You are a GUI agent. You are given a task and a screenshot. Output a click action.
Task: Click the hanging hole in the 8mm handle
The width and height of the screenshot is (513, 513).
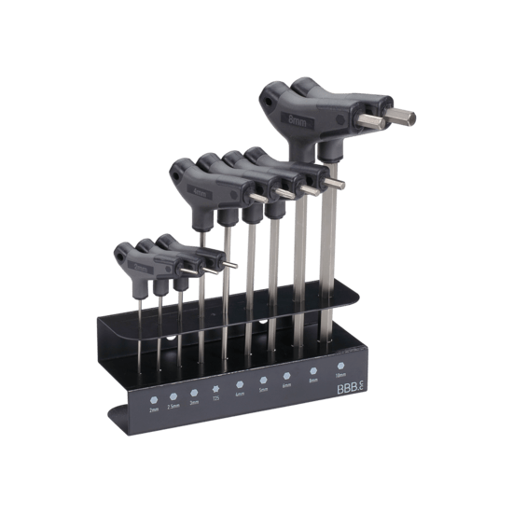[x=273, y=94]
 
